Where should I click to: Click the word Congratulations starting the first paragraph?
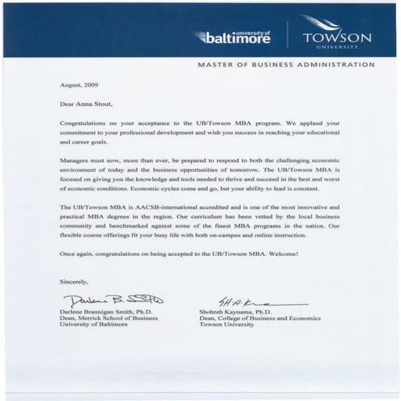pyautogui.click(x=86, y=122)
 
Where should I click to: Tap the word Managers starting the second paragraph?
pyautogui.click(x=77, y=160)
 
